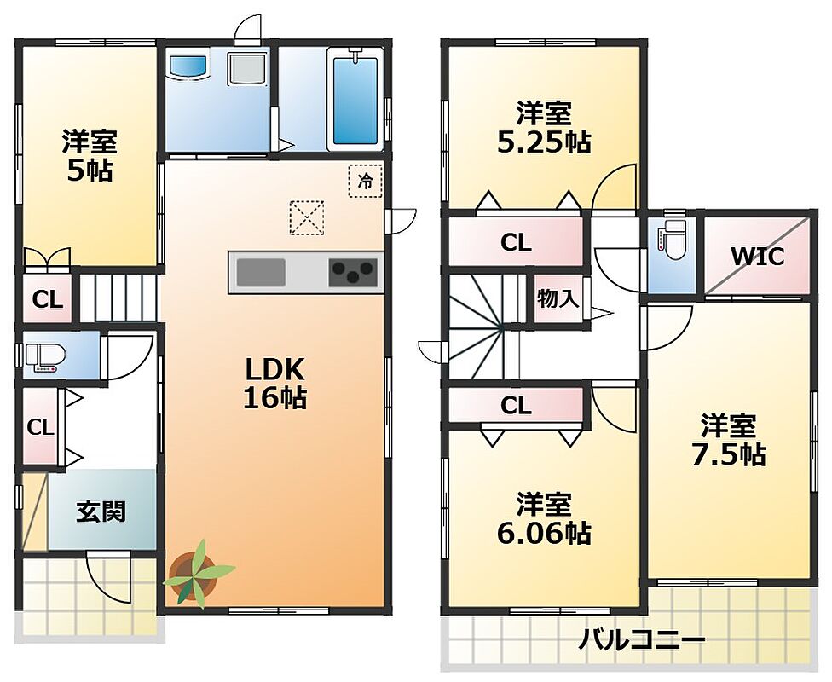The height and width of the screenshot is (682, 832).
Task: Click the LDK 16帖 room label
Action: [274, 383]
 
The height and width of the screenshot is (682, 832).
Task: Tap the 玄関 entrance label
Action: [101, 511]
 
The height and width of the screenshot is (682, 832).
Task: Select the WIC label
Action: [757, 257]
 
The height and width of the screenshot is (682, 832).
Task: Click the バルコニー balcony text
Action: [641, 640]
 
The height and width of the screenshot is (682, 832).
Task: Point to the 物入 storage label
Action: [558, 299]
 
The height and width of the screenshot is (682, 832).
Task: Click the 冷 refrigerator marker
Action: [365, 181]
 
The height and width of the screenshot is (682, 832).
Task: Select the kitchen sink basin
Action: [261, 272]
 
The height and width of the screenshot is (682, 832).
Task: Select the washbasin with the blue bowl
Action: [188, 66]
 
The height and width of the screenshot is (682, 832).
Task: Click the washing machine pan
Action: [247, 67]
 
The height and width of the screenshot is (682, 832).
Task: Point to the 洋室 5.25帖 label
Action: [545, 127]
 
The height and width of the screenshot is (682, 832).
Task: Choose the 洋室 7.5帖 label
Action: [728, 440]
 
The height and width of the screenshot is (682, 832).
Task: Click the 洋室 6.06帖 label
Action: [545, 518]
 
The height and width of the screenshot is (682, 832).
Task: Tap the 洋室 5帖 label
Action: [90, 155]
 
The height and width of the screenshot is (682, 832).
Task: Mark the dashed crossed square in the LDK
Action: [307, 217]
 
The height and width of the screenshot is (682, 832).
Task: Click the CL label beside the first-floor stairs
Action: [48, 300]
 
